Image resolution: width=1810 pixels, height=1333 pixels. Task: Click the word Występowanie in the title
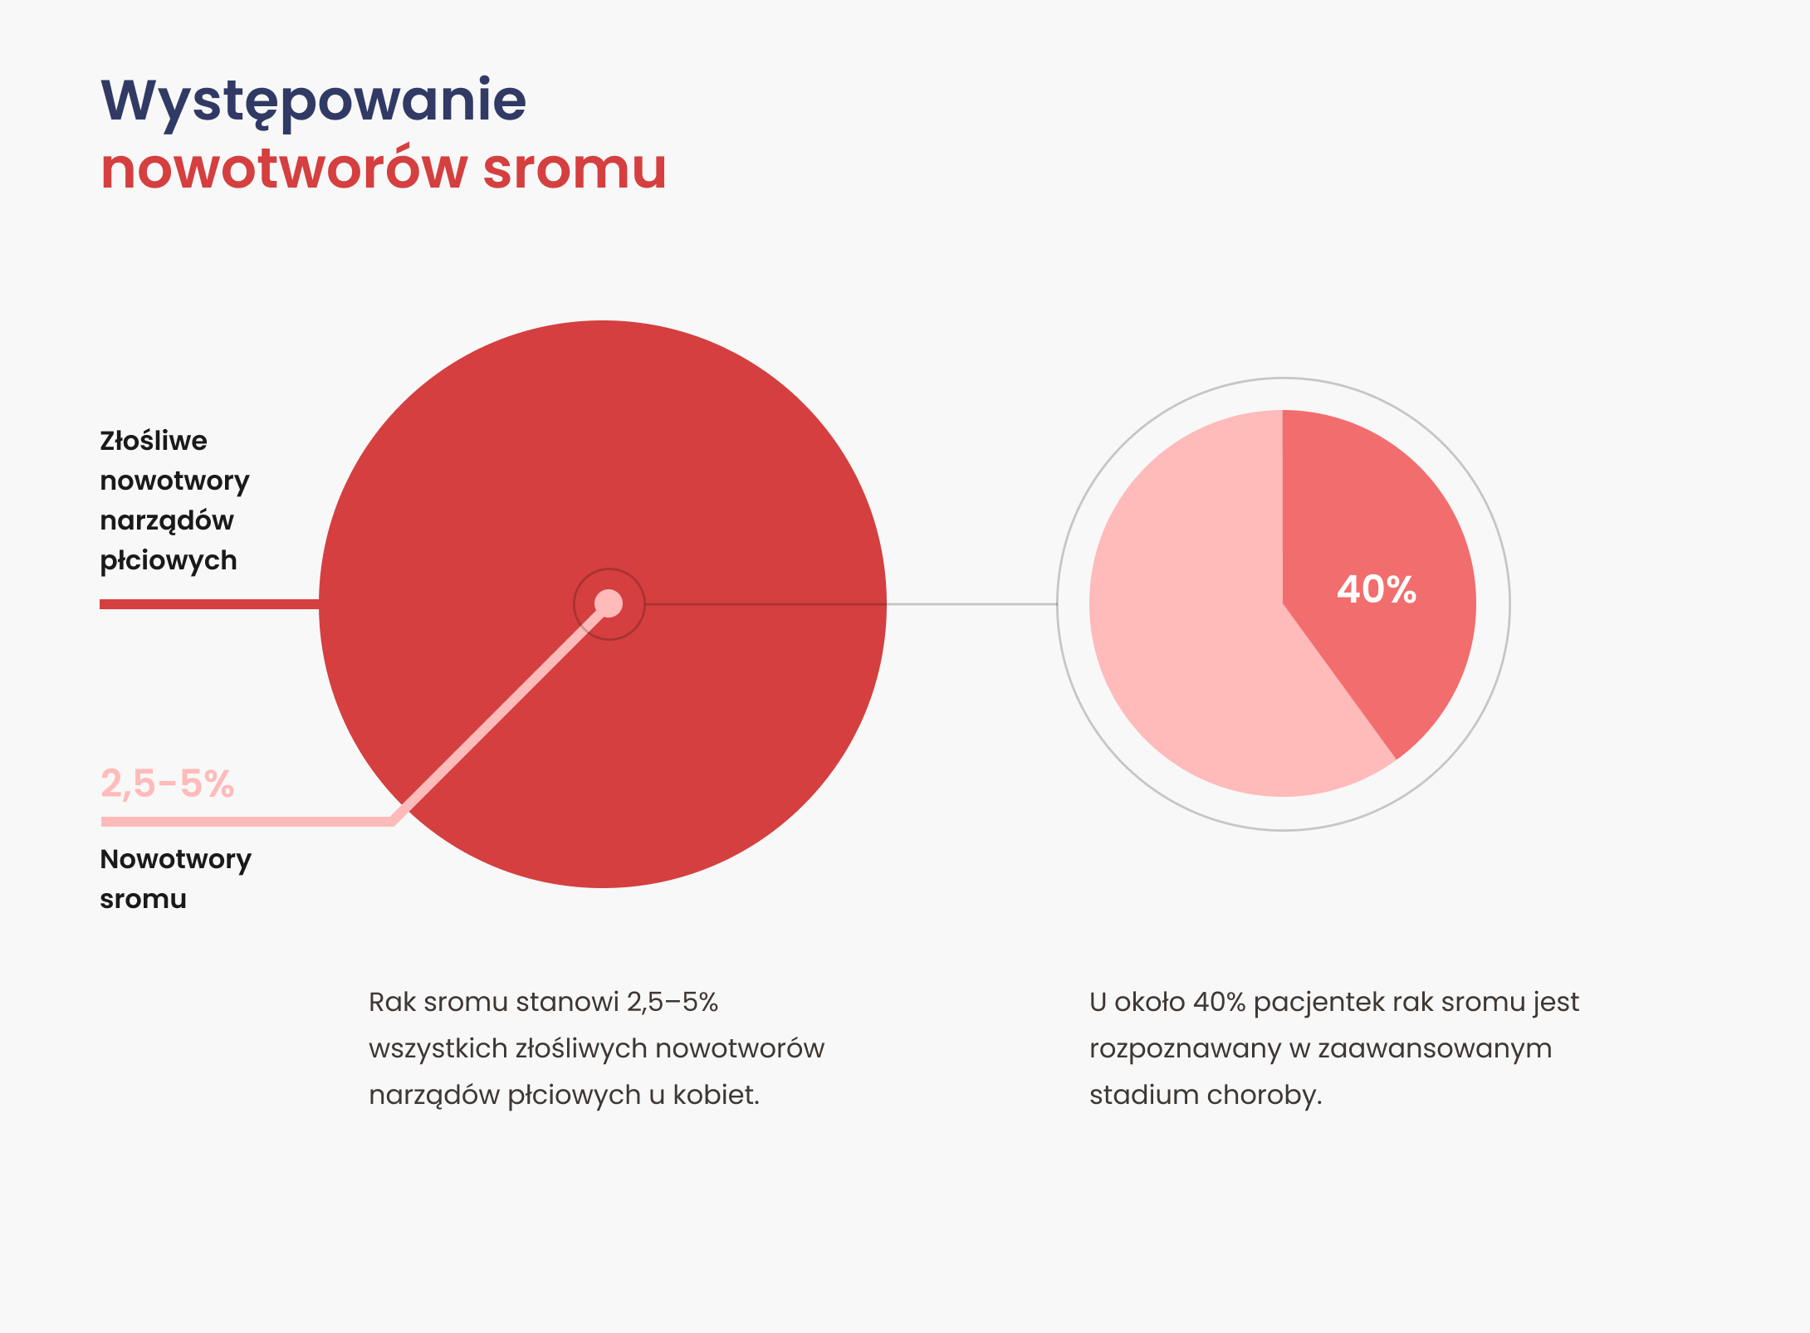click(x=313, y=101)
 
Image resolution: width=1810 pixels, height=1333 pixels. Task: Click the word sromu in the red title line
click(x=574, y=168)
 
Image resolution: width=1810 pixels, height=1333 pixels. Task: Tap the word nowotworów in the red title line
click(x=284, y=168)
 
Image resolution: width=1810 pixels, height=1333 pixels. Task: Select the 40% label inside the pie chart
click(x=1376, y=589)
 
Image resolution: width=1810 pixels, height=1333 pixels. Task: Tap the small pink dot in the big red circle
click(x=609, y=603)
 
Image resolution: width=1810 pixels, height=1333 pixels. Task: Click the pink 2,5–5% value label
click(x=167, y=784)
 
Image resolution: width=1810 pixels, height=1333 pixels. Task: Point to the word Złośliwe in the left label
click(x=154, y=441)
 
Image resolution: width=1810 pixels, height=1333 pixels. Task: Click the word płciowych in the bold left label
click(x=169, y=561)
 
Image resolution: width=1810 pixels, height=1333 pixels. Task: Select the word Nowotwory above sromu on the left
click(x=175, y=860)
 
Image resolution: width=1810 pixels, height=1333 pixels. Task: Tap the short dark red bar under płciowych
click(x=208, y=604)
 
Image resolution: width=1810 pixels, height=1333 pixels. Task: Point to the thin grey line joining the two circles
click(x=971, y=604)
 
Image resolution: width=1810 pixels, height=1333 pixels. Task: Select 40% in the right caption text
click(x=1219, y=1003)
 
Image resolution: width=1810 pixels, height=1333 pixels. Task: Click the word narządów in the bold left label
click(x=167, y=521)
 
